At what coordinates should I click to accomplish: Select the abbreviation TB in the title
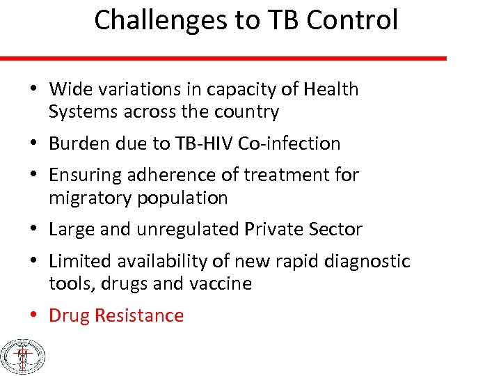[280, 20]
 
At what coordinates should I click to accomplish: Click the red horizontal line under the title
[223, 58]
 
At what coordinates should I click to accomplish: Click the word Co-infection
[289, 143]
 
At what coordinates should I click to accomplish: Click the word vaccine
[219, 283]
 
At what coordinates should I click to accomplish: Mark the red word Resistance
[139, 315]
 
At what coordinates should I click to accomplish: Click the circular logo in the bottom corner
[23, 357]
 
